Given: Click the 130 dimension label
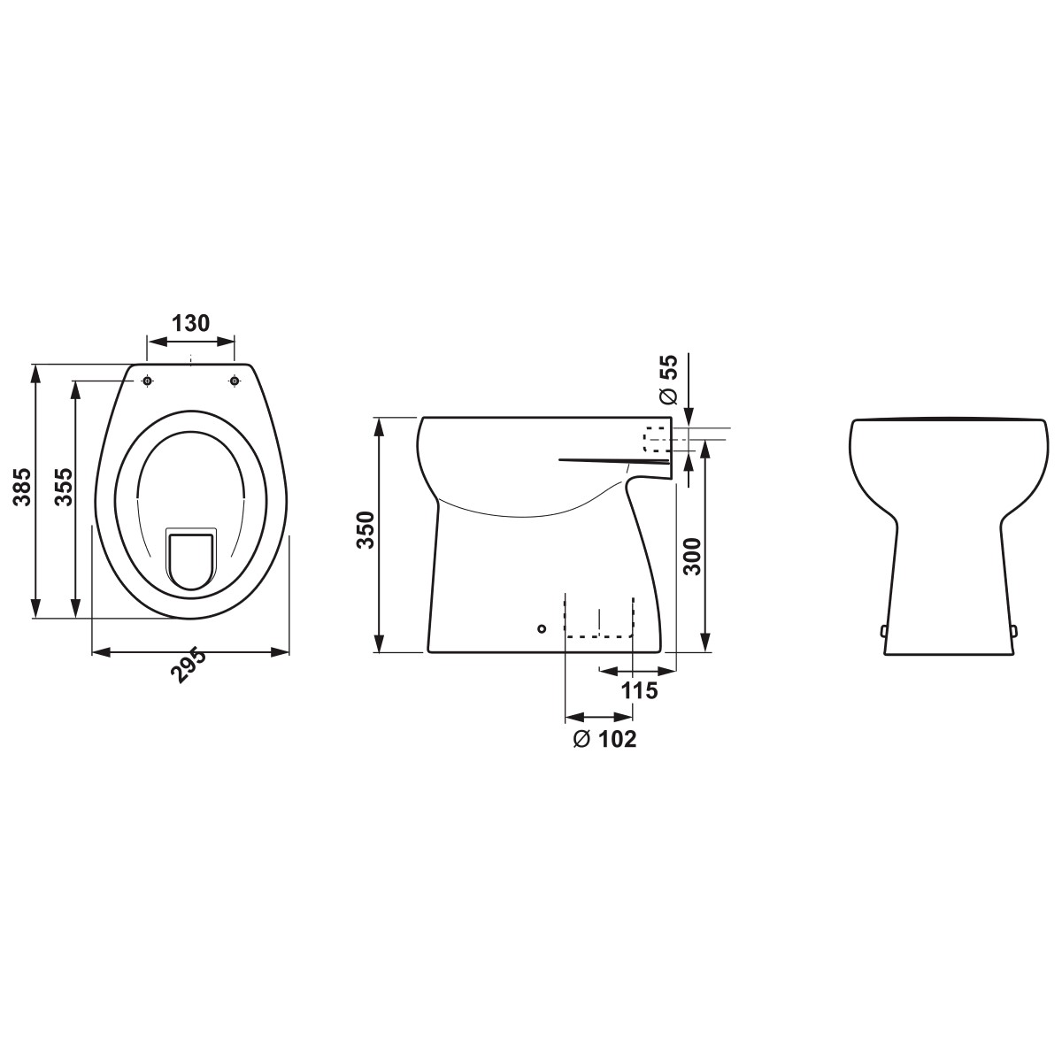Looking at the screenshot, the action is (x=190, y=324).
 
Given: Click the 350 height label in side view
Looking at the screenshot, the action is (x=366, y=529).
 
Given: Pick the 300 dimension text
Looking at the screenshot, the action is (x=692, y=557).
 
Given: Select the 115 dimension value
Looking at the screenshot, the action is (x=640, y=690).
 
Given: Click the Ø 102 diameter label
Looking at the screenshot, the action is (x=604, y=739).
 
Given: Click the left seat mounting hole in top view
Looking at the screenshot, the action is (x=147, y=381).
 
